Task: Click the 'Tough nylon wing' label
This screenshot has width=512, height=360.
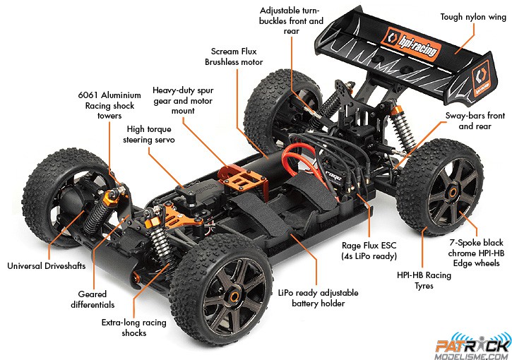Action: (x=473, y=17)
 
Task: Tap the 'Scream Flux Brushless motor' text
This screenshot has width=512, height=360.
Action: (x=234, y=56)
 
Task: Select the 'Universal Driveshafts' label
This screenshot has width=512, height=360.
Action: (x=47, y=265)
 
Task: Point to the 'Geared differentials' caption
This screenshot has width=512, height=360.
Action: (x=93, y=299)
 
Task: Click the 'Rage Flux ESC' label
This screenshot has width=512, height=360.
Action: (x=369, y=246)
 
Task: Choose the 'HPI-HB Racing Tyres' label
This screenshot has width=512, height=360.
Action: (x=424, y=280)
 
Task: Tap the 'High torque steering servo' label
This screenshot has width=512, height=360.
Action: (x=149, y=134)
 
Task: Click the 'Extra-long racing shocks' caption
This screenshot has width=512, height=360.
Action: (x=134, y=328)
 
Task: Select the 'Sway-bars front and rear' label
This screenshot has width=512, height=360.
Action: (x=475, y=121)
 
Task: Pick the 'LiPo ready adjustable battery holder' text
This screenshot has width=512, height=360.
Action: (x=318, y=298)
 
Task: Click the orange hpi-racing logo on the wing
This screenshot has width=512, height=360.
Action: (x=412, y=44)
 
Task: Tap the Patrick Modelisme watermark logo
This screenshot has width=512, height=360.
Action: (x=472, y=347)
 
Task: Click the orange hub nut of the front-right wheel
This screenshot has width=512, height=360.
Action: (x=234, y=297)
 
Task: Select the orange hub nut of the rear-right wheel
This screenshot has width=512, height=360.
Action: (x=453, y=193)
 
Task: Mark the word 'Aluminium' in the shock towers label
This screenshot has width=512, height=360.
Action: (x=121, y=95)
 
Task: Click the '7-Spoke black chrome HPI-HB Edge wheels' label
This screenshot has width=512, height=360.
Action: (x=476, y=253)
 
